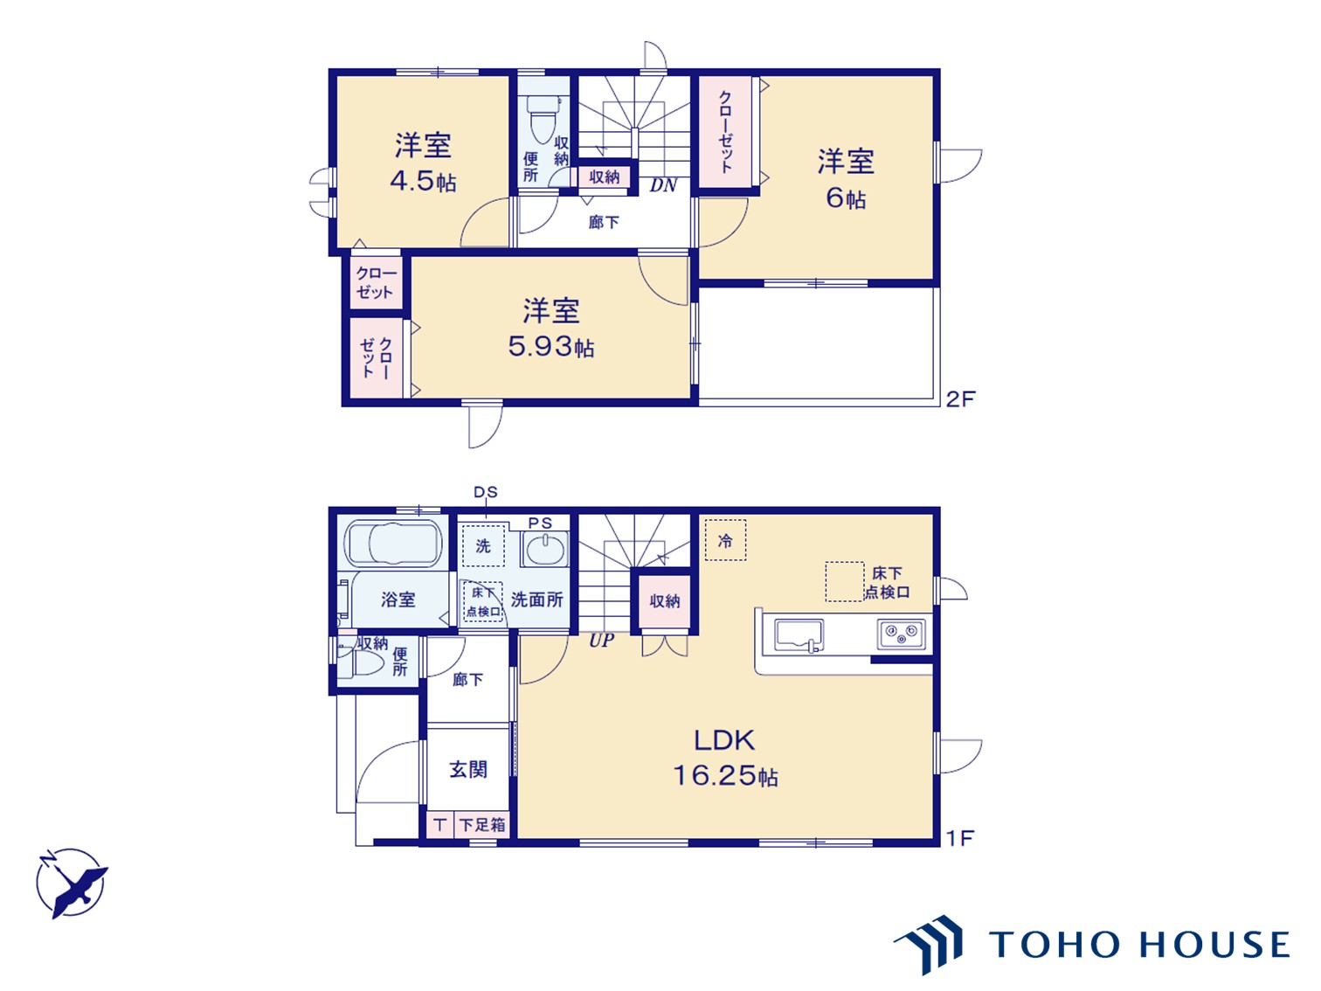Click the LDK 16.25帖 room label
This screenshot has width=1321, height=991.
[x=724, y=758]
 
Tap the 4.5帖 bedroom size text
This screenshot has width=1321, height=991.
[x=423, y=181]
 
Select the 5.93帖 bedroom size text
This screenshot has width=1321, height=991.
[x=551, y=347]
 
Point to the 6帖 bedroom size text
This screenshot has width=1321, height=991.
[x=846, y=198]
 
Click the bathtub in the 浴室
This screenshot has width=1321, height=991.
[x=393, y=544]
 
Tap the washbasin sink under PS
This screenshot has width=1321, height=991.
[x=545, y=550]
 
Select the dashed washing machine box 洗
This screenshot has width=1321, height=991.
[x=483, y=545]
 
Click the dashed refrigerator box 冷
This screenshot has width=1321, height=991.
[x=725, y=540]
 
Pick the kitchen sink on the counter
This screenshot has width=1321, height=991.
[x=799, y=635]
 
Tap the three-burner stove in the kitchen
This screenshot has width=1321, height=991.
[x=901, y=634]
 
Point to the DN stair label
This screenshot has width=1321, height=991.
[x=663, y=185]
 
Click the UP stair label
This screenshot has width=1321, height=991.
[x=601, y=641]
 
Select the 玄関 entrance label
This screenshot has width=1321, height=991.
[x=468, y=769]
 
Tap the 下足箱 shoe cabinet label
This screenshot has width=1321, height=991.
[x=482, y=824]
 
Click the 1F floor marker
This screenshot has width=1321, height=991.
[x=960, y=838]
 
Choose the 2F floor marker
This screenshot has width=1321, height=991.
[x=960, y=398]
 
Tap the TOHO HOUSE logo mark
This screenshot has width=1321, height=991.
[x=929, y=944]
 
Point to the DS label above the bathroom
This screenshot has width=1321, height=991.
[x=486, y=492]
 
